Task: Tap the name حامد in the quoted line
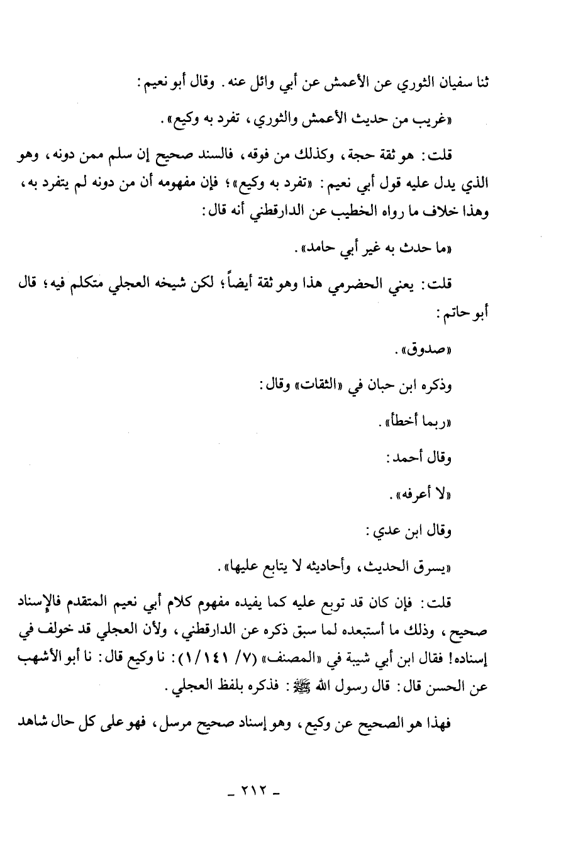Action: click(x=318, y=250)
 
